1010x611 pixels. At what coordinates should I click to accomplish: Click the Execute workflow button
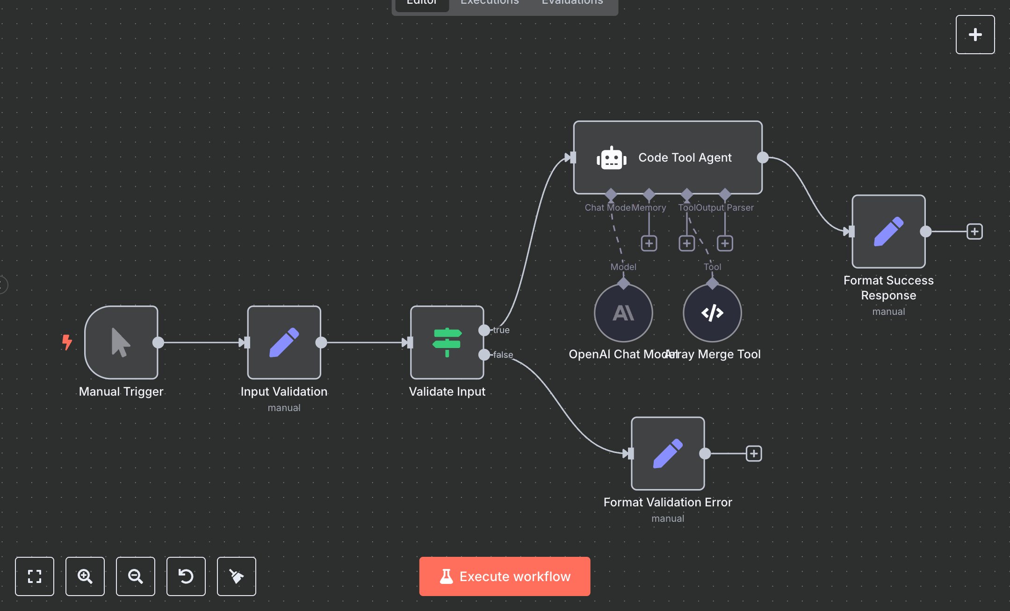tap(505, 576)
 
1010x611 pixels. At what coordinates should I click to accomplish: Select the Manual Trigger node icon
tap(121, 342)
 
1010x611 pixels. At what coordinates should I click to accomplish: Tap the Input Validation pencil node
tap(284, 342)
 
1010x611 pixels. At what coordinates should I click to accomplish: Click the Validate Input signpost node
tap(447, 342)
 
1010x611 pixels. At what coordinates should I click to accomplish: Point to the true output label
tap(501, 330)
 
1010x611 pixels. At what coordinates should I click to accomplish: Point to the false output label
tap(503, 355)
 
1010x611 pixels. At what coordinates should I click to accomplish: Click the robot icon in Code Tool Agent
tap(611, 158)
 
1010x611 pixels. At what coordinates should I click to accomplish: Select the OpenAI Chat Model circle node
tap(623, 313)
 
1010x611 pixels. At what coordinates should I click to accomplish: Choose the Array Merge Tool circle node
tap(712, 313)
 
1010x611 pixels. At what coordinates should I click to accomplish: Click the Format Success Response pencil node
tap(888, 232)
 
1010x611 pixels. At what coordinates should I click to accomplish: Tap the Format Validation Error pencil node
tap(668, 454)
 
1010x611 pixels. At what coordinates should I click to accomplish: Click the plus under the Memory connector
tap(649, 243)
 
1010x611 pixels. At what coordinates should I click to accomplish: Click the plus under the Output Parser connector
tap(725, 243)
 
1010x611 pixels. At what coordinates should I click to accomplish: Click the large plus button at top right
tap(975, 35)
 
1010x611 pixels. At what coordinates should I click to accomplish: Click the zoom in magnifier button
tap(85, 576)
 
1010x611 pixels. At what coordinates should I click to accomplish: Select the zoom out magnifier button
tap(136, 576)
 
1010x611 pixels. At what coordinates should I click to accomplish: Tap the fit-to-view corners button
tap(35, 576)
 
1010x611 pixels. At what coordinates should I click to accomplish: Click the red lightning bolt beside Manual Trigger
tap(67, 342)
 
